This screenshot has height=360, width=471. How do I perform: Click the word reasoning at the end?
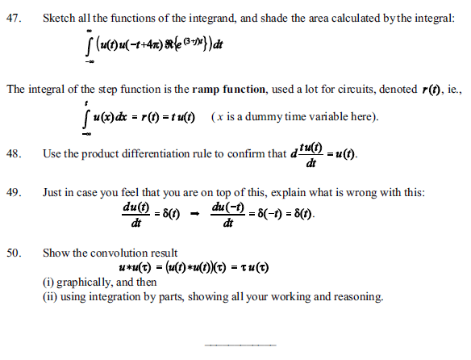pyautogui.click(x=357, y=296)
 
